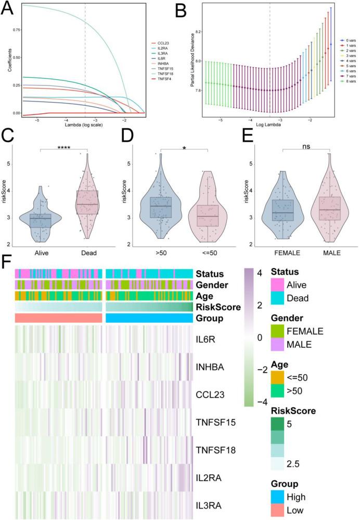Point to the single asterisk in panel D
click(184, 148)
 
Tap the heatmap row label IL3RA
click(210, 505)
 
